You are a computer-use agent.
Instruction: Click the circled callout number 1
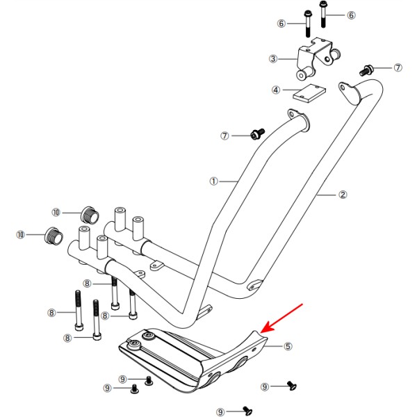coord(214,181)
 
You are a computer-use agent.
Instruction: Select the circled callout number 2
coord(342,195)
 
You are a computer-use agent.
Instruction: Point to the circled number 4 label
coord(275,90)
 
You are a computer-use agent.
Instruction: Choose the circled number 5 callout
coord(288,345)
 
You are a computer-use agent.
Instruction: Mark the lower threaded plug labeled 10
coord(53,235)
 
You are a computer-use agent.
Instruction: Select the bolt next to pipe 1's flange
coord(258,132)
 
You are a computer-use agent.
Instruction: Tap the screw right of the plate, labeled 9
coord(292,385)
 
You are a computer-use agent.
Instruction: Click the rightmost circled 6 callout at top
coord(351,15)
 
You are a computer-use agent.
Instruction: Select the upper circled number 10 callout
coord(57,211)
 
